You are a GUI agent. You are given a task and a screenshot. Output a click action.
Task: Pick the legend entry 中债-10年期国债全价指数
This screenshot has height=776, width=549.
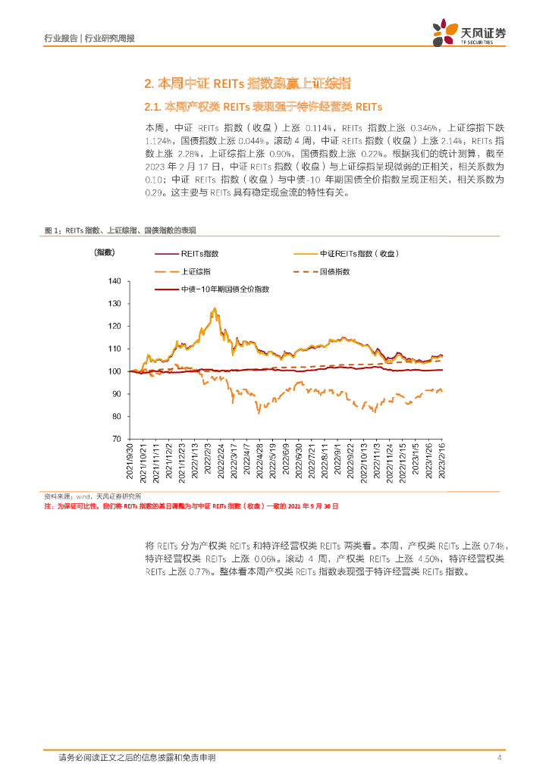coord(224,289)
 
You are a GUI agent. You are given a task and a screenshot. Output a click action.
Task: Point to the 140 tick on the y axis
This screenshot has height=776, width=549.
coord(115,281)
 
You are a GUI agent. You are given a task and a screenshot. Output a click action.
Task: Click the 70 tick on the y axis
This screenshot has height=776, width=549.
coord(117,439)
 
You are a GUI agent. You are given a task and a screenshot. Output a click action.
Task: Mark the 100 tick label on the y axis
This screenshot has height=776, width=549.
coord(115,371)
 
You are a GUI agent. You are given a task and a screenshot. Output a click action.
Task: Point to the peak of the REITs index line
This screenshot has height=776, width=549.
coord(215,308)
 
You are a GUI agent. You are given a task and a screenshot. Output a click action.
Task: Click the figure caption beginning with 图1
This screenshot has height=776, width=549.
coord(125,229)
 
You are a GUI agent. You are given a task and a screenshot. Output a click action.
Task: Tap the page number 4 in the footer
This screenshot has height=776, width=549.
coord(498,758)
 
